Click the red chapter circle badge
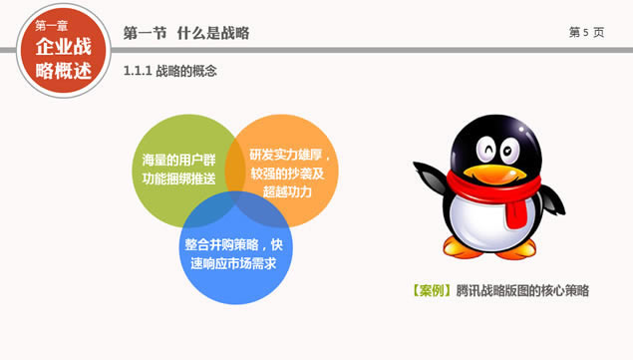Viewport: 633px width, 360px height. [x=64, y=51]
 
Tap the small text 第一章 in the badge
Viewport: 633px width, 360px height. [x=51, y=26]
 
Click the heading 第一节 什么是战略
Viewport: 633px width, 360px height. [x=186, y=33]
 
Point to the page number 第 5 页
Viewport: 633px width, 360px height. [x=586, y=32]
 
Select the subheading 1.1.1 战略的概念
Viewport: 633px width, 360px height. [x=169, y=71]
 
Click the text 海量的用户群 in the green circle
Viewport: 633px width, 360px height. [x=178, y=160]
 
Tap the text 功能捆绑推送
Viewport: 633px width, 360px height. [x=178, y=179]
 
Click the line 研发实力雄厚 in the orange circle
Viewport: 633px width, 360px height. [x=285, y=155]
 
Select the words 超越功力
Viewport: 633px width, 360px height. [x=287, y=191]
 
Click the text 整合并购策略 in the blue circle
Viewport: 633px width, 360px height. [x=221, y=245]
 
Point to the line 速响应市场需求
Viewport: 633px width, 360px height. [x=233, y=263]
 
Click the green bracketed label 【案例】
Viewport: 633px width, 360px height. [x=432, y=290]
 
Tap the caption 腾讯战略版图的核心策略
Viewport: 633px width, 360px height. [x=522, y=290]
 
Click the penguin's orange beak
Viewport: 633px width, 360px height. [x=494, y=175]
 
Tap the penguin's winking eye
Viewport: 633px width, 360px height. [x=486, y=150]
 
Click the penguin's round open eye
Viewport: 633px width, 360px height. [x=509, y=152]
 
